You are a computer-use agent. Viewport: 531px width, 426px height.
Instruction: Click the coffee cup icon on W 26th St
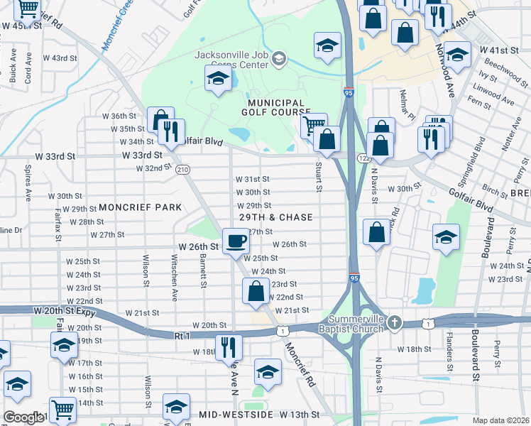(x=236, y=241)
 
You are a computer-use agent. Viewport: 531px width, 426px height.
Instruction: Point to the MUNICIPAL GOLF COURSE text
(x=277, y=107)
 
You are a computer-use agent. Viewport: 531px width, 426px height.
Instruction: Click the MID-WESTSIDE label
(x=237, y=414)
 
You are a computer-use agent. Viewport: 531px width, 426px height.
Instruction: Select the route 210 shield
(x=182, y=169)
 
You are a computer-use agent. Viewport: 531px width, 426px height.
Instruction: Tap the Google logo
(x=23, y=417)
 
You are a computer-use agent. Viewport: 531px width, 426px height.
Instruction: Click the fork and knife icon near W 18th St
(x=229, y=346)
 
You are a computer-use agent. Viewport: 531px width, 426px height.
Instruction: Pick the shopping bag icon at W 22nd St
(x=256, y=291)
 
